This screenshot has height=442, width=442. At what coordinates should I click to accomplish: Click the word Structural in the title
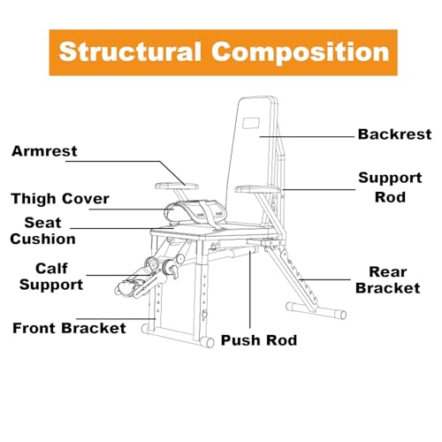point(130,51)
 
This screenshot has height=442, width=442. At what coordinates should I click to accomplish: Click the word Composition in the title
point(301,52)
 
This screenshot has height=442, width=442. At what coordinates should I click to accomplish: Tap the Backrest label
point(394,134)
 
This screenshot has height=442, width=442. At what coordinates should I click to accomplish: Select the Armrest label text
point(44,151)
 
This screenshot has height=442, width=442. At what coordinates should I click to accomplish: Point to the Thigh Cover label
point(60,199)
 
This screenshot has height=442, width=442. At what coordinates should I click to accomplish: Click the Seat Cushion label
point(42,231)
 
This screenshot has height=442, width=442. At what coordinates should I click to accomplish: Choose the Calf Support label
point(51,277)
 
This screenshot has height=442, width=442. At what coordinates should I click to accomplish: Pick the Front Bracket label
point(69,328)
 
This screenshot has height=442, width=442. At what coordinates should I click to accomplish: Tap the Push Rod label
point(259,340)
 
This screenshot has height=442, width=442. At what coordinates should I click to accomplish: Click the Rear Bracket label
point(388,280)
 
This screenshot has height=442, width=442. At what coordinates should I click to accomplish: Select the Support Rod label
point(390,187)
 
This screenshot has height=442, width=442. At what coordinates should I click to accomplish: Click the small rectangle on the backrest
point(251,123)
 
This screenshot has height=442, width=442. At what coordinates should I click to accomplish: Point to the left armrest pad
point(177,186)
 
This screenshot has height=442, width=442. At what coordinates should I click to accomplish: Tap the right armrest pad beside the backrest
point(257,189)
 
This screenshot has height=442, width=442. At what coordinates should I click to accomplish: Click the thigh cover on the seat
point(195,213)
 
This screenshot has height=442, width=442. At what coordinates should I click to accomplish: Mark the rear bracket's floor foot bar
point(316,310)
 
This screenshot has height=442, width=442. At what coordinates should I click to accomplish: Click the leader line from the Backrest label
point(307,137)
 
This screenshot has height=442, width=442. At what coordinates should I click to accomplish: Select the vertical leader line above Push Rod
point(250,289)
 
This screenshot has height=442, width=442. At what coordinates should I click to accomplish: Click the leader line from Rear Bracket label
point(324,279)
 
